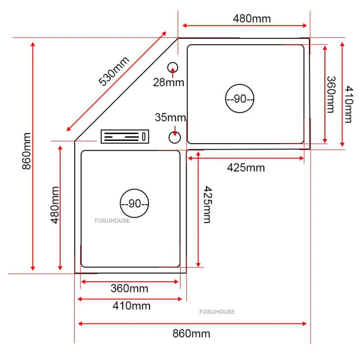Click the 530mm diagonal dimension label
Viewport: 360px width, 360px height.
(114, 71)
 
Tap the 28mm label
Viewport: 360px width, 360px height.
(168, 82)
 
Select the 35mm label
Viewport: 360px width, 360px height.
(170, 118)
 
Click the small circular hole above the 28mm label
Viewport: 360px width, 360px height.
(173, 67)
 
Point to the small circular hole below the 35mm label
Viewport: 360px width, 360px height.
(174, 136)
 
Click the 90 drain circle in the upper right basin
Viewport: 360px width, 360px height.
(240, 99)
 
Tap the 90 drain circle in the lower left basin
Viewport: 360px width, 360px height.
(135, 203)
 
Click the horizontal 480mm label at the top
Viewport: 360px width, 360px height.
(252, 18)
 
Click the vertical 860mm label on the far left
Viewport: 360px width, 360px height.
(27, 151)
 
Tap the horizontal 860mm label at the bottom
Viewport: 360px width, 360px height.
(191, 333)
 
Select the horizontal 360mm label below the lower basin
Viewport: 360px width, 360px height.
(129, 288)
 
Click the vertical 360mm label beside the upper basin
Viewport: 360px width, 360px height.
(330, 94)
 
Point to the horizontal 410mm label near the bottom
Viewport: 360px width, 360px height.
(131, 306)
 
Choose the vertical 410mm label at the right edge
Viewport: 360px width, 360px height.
(348, 105)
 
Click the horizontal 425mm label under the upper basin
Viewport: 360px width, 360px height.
(246, 168)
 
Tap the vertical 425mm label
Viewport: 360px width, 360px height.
(206, 204)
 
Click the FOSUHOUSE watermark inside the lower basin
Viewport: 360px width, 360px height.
(112, 220)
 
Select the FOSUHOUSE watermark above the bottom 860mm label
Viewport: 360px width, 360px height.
(217, 311)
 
